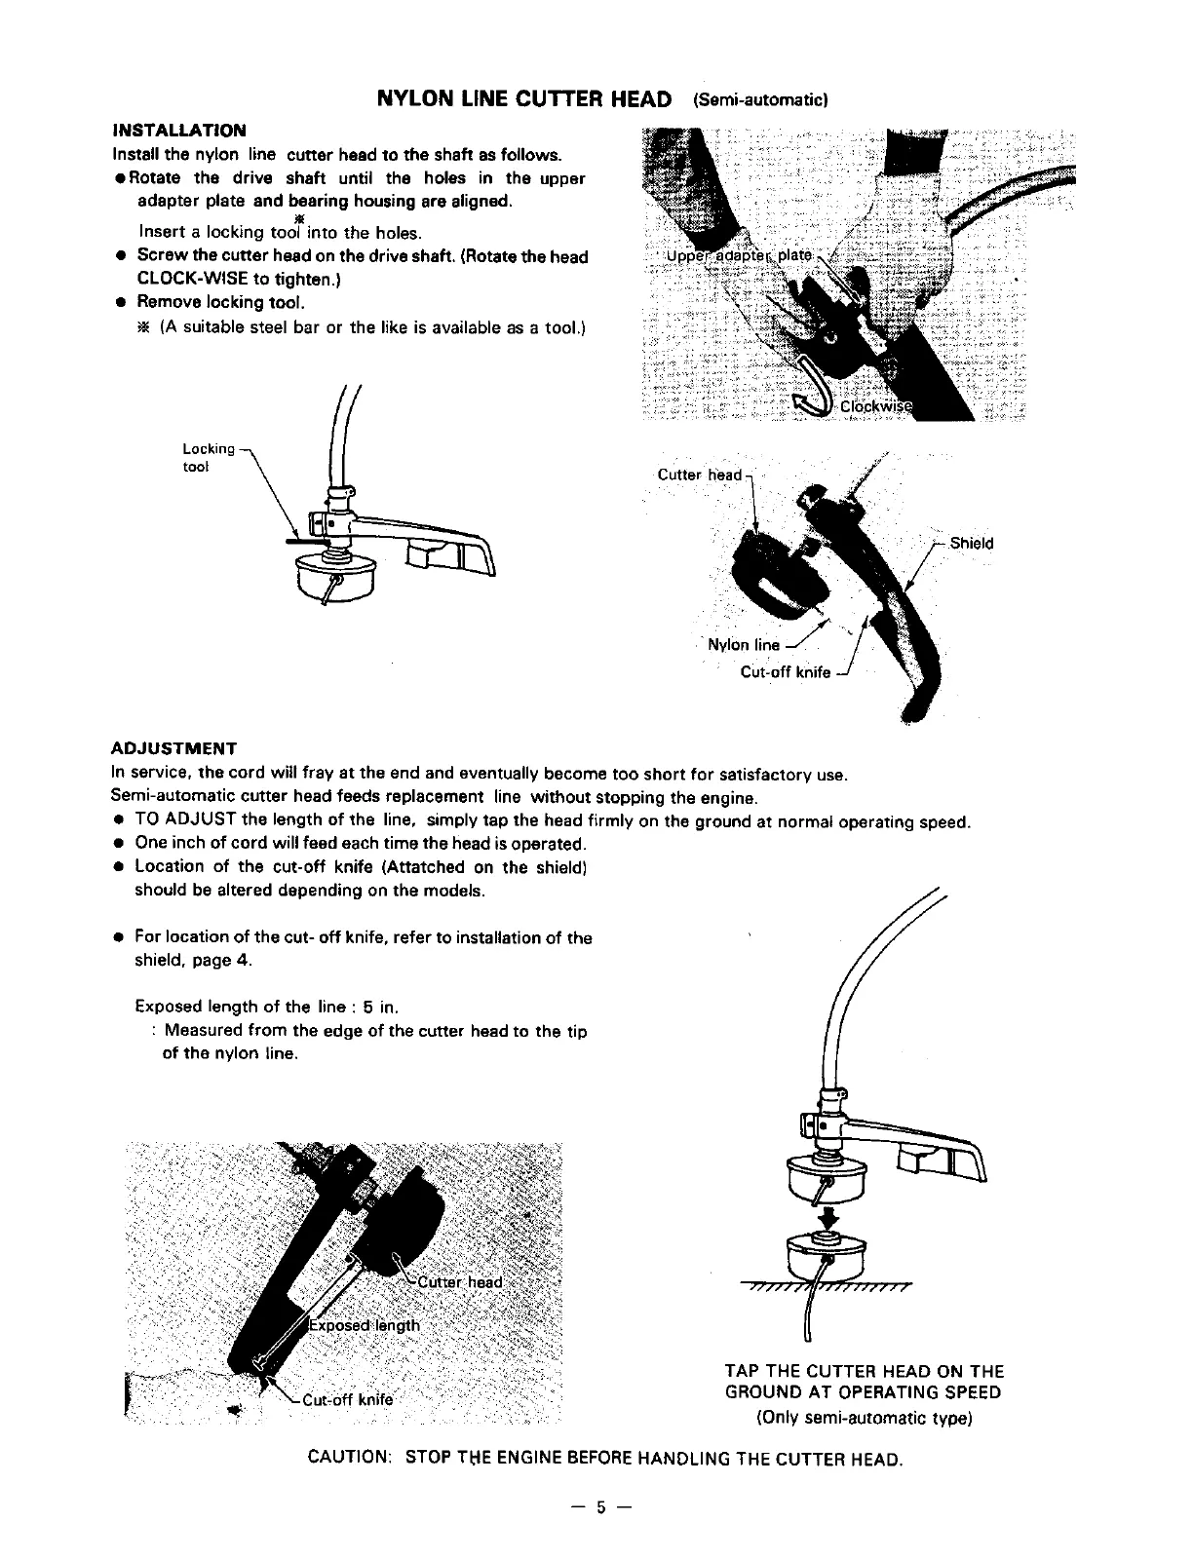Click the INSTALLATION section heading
click(x=179, y=131)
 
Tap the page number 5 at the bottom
click(x=601, y=1507)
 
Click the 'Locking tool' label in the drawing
click(x=209, y=457)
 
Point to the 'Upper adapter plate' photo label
click(x=738, y=255)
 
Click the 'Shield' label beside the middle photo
click(x=971, y=544)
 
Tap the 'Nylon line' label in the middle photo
click(x=744, y=644)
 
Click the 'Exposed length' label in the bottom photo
click(x=365, y=1325)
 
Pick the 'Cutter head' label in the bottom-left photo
click(x=459, y=1282)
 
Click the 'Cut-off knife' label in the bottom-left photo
click(x=346, y=1400)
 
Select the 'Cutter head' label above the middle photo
click(x=699, y=475)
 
